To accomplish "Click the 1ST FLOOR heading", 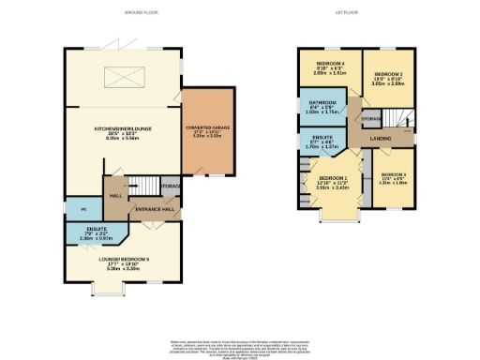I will point(355,13).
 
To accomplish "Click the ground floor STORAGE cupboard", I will point(170,187).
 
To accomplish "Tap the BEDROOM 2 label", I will point(387,74).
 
